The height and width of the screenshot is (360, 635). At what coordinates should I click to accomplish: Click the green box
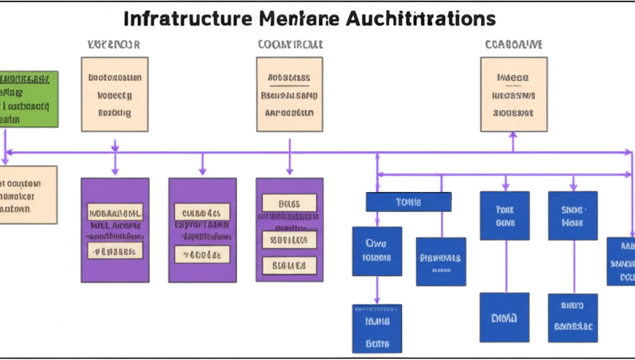click(x=28, y=99)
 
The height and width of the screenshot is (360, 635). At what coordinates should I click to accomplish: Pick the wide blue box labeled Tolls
click(x=408, y=202)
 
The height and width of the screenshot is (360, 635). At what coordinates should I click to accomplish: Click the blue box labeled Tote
click(x=504, y=215)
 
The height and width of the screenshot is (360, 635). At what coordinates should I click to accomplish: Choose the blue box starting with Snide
click(x=572, y=215)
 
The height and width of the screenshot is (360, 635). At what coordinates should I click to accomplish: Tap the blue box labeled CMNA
click(x=504, y=318)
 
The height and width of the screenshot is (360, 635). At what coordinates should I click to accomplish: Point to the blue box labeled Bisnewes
click(x=441, y=261)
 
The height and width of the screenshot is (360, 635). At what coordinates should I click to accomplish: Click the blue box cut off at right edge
click(x=621, y=261)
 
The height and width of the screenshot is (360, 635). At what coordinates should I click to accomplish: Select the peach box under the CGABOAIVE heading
click(x=512, y=95)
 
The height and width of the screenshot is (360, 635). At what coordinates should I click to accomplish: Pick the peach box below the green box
click(x=28, y=194)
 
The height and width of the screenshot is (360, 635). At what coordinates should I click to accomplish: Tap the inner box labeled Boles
click(x=289, y=203)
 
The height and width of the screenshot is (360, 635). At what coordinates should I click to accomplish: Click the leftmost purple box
click(x=115, y=230)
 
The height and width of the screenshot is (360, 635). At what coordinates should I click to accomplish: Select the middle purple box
click(x=202, y=230)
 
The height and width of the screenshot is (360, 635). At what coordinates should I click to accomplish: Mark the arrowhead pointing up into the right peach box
click(x=512, y=135)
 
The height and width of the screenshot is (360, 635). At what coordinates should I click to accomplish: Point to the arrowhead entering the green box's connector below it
click(x=7, y=159)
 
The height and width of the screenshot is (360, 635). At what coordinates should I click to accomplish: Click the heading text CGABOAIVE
click(x=513, y=44)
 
